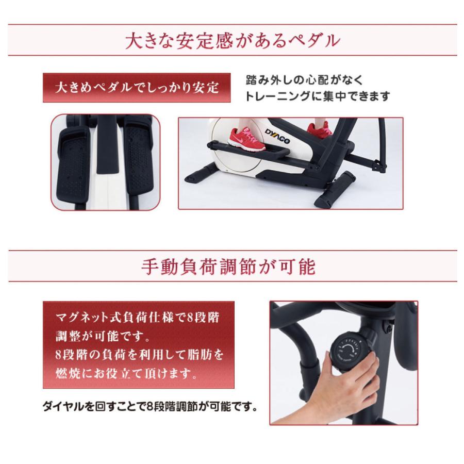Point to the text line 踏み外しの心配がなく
pyautogui.click(x=305, y=80)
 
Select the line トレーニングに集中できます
pyautogui.click(x=318, y=96)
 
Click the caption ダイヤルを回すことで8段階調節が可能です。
pyautogui.click(x=150, y=407)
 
